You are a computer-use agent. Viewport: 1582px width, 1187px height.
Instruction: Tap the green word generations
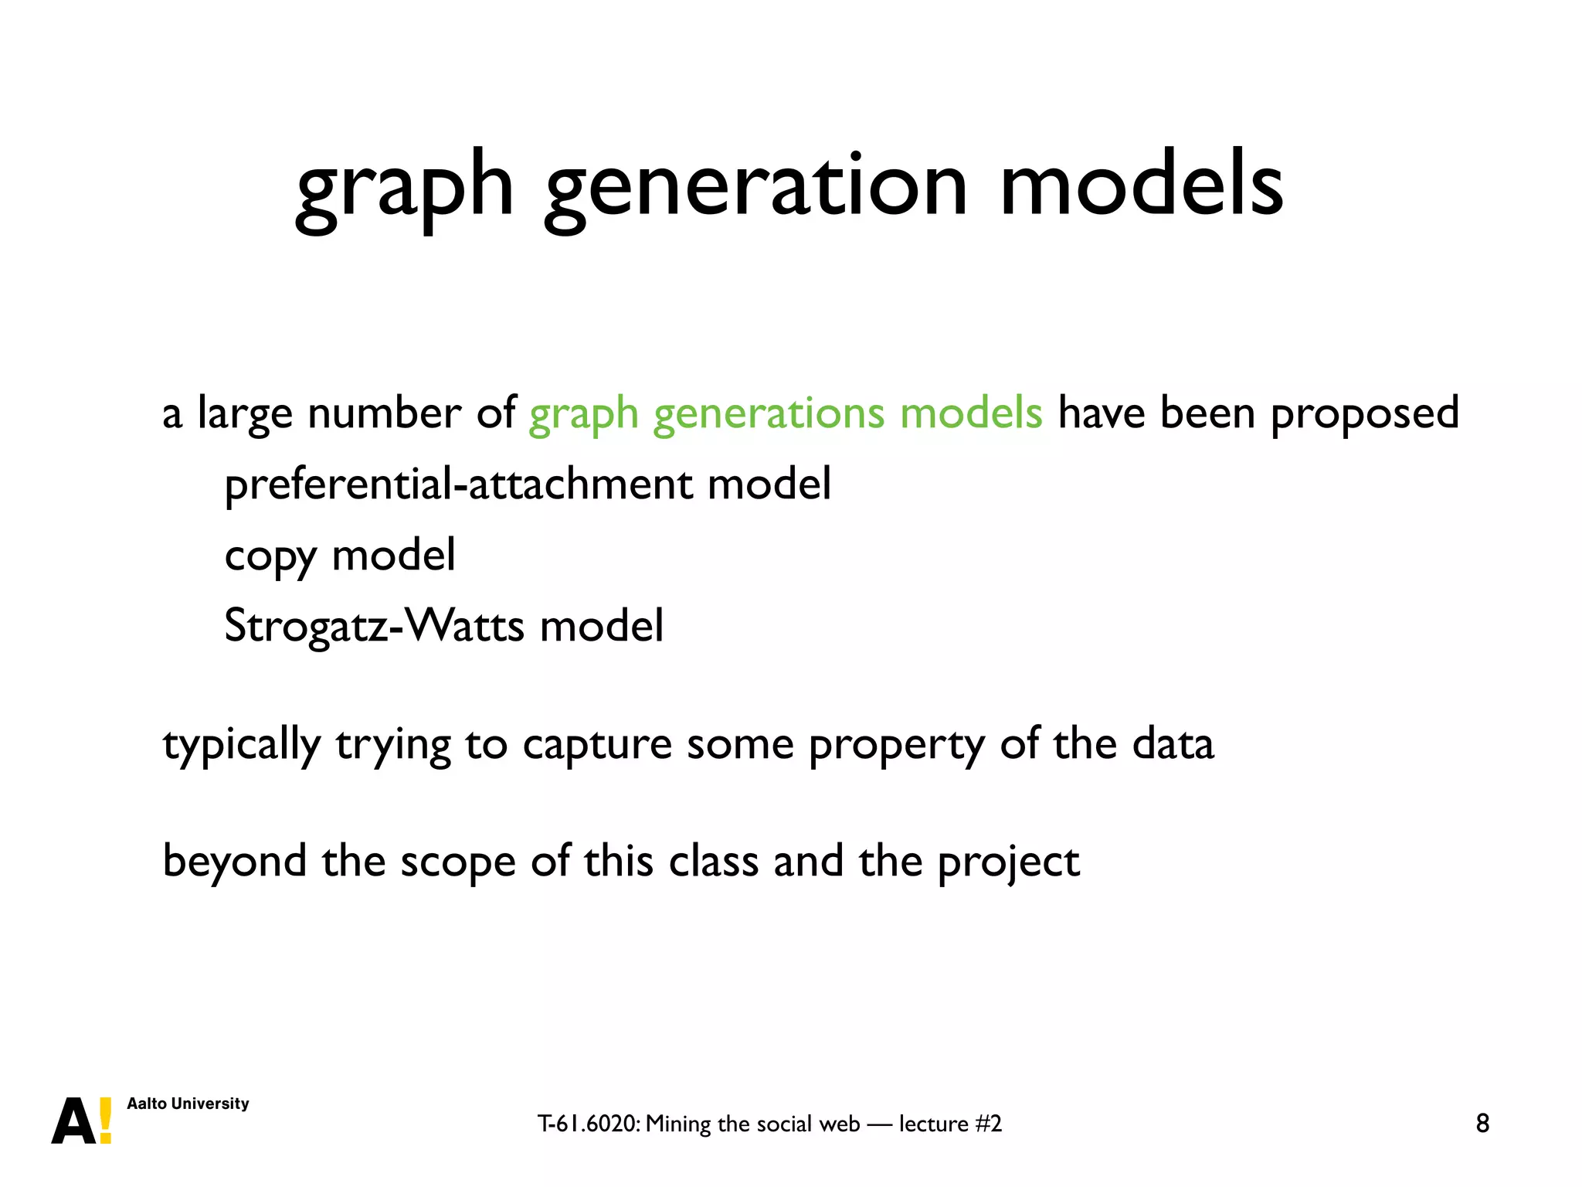pyautogui.click(x=768, y=413)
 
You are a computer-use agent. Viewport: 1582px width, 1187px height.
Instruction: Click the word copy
pyautogui.click(x=270, y=556)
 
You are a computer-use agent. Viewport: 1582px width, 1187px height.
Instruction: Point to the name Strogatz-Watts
pyautogui.click(x=374, y=625)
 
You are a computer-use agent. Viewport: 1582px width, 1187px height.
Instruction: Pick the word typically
pyautogui.click(x=241, y=745)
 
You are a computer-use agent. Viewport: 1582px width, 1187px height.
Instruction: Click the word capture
pyautogui.click(x=596, y=745)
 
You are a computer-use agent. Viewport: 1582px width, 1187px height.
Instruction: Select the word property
pyautogui.click(x=896, y=745)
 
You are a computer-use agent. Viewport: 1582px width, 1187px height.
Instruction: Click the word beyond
pyautogui.click(x=234, y=861)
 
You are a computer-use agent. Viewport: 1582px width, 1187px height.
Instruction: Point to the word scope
pyautogui.click(x=457, y=862)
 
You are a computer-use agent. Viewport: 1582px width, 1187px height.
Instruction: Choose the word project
pyautogui.click(x=1008, y=862)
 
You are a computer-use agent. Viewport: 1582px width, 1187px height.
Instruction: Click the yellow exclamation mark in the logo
pyautogui.click(x=106, y=1121)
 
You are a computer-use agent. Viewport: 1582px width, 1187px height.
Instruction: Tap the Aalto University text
pyautogui.click(x=188, y=1104)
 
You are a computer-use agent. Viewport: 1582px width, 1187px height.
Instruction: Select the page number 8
pyautogui.click(x=1482, y=1123)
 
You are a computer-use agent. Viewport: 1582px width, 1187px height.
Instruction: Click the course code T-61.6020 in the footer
pyautogui.click(x=588, y=1124)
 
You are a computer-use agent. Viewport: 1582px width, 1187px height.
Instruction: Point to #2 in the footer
pyautogui.click(x=988, y=1124)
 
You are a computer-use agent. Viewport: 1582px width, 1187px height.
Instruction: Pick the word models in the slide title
pyautogui.click(x=1141, y=185)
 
